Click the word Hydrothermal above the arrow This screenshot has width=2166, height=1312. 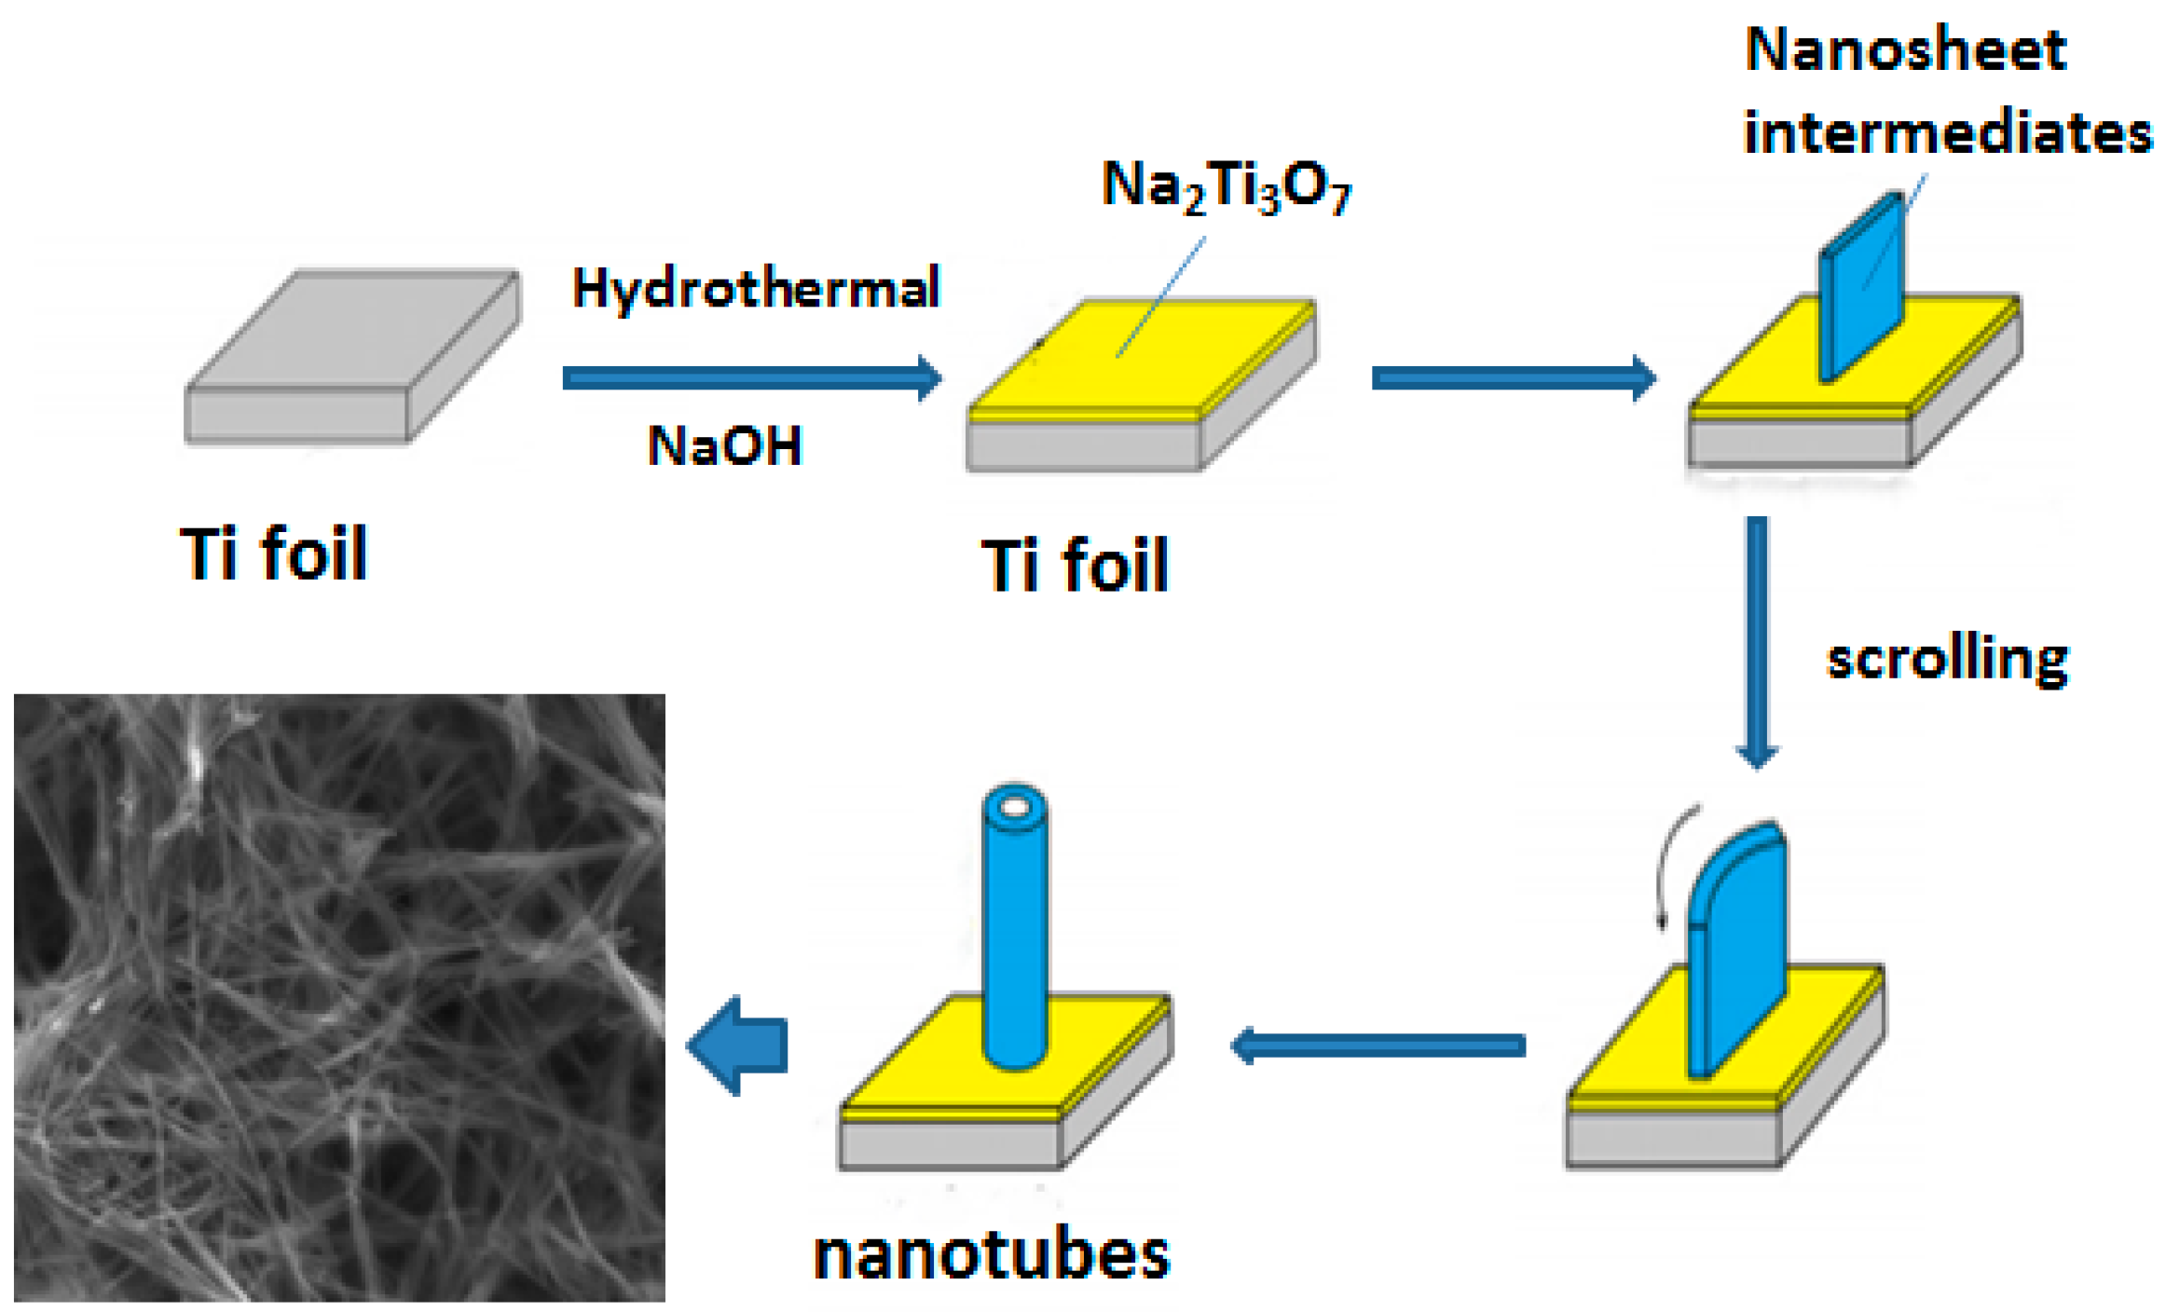(x=756, y=288)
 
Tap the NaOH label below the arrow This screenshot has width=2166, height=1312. (x=724, y=445)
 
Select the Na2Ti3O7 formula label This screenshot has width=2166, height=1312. (x=1226, y=186)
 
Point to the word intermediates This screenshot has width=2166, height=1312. (x=1948, y=132)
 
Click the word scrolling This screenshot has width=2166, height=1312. (x=1947, y=659)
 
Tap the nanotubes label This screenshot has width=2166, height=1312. (x=992, y=1254)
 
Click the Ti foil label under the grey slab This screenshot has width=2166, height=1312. (x=274, y=553)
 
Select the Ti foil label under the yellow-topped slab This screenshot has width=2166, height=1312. (x=1075, y=565)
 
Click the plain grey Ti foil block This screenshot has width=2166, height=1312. (x=351, y=354)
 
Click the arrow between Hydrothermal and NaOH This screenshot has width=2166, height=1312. (x=751, y=377)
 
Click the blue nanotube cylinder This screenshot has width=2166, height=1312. (x=1015, y=941)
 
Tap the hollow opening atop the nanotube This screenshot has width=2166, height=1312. (x=1015, y=807)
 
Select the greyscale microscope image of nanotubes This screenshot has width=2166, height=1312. (x=339, y=997)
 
